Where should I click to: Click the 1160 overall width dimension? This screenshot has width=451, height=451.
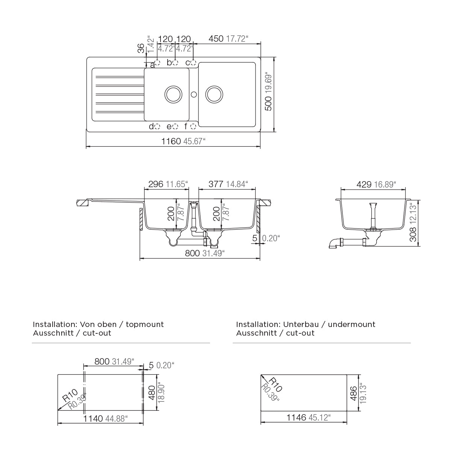pyautogui.click(x=171, y=141)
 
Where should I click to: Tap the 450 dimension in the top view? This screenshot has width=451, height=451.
pyautogui.click(x=216, y=39)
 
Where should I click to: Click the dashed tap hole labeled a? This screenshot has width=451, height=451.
pyautogui.click(x=157, y=62)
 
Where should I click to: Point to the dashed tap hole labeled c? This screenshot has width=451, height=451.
pyautogui.click(x=193, y=62)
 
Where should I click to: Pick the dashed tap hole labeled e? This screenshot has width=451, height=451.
pyautogui.click(x=175, y=127)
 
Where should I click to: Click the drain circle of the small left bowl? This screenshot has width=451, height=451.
pyautogui.click(x=173, y=94)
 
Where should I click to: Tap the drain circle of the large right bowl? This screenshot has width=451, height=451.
pyautogui.click(x=214, y=94)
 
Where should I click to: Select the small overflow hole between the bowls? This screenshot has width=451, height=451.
pyautogui.click(x=194, y=94)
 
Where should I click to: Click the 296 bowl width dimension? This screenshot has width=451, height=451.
pyautogui.click(x=156, y=184)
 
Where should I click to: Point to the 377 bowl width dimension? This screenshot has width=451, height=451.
pyautogui.click(x=216, y=184)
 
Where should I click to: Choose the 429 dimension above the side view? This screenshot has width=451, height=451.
pyautogui.click(x=364, y=185)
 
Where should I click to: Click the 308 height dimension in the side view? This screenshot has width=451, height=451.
pyautogui.click(x=413, y=234)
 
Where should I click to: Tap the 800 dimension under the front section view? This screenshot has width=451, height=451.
pyautogui.click(x=192, y=253)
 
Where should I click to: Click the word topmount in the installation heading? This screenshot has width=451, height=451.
pyautogui.click(x=145, y=325)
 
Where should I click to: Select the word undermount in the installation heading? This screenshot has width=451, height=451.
pyautogui.click(x=351, y=325)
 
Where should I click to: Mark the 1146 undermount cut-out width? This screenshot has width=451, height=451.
pyautogui.click(x=296, y=417)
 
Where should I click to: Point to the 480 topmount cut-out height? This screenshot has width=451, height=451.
pyautogui.click(x=152, y=393)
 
